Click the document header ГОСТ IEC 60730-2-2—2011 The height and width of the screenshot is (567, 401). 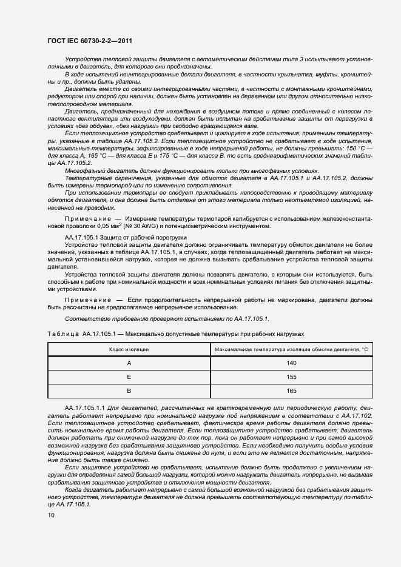click(89, 41)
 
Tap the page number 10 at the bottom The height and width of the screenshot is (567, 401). click(51, 515)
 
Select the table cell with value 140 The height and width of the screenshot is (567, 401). click(291, 363)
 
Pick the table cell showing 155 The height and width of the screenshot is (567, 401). click(291, 377)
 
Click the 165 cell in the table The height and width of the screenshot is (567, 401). click(291, 391)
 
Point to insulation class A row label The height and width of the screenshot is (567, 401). click(129, 363)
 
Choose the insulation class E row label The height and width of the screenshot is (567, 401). click(129, 377)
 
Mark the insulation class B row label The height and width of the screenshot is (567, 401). click(129, 391)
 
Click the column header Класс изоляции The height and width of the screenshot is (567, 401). click(129, 349)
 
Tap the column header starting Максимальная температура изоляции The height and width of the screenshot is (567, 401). click(291, 349)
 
